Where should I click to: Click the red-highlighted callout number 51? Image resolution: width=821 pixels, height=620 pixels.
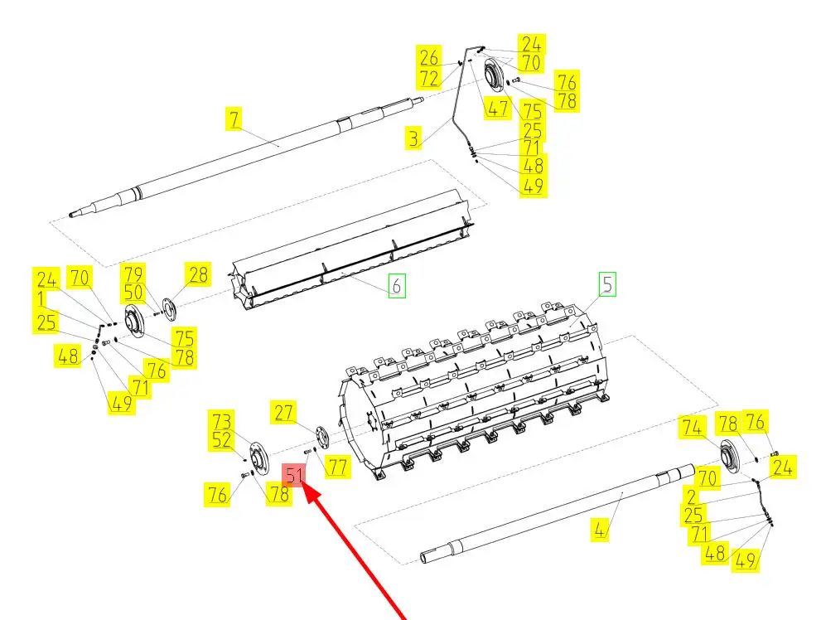click(x=294, y=476)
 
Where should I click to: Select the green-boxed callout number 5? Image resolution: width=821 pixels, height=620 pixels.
click(x=607, y=283)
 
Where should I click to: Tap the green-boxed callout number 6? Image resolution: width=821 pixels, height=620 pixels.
click(x=397, y=286)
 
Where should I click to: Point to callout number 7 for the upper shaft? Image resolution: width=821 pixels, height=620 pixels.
click(x=234, y=119)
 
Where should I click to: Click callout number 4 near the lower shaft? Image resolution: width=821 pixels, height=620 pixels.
click(x=600, y=530)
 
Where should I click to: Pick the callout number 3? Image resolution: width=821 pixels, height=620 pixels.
click(x=414, y=138)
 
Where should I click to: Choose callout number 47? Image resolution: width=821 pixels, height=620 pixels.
click(x=497, y=109)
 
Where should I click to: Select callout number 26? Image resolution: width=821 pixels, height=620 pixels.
click(x=429, y=57)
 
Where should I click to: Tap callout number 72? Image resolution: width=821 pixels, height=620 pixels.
click(x=429, y=78)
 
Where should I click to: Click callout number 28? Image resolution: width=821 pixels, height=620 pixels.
click(x=198, y=274)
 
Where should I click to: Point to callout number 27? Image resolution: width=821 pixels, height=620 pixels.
click(x=283, y=413)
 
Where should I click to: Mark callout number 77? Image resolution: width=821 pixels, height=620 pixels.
click(x=338, y=466)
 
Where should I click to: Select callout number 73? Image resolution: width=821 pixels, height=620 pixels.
click(x=221, y=421)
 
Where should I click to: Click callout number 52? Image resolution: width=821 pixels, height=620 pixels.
click(x=221, y=440)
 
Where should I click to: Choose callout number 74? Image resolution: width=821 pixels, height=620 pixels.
click(x=692, y=428)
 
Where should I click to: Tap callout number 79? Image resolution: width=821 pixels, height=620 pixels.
click(x=133, y=274)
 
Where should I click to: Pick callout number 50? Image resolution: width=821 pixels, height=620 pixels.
click(x=133, y=293)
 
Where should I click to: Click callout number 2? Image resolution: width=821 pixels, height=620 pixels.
click(x=692, y=496)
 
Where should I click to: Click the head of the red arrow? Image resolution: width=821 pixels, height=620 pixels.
click(x=305, y=486)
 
